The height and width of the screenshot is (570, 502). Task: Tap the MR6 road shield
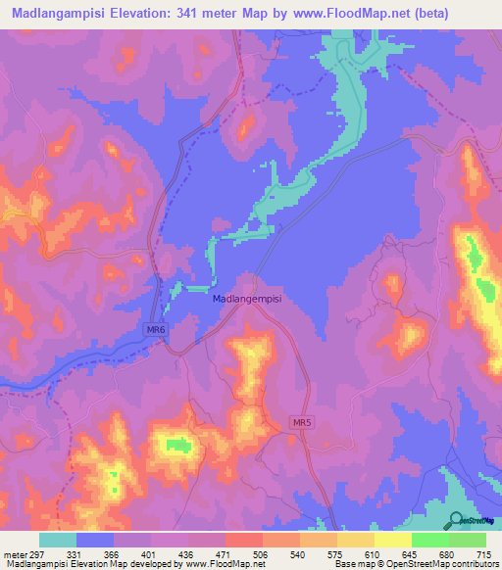pos(156,330)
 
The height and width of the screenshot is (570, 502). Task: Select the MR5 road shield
pos(302,422)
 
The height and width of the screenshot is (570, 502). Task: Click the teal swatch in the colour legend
pos(58,540)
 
